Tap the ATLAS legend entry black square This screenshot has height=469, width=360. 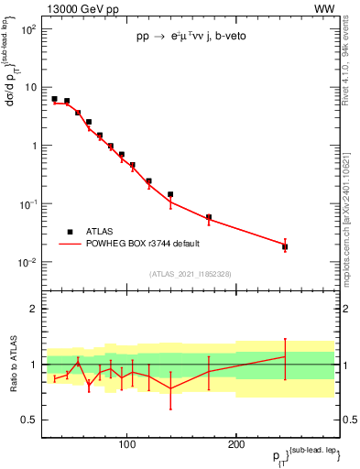(68, 232)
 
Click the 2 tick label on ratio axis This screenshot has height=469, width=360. (33, 309)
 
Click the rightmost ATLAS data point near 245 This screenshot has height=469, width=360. (285, 246)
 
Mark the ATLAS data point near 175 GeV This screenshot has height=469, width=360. (209, 217)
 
